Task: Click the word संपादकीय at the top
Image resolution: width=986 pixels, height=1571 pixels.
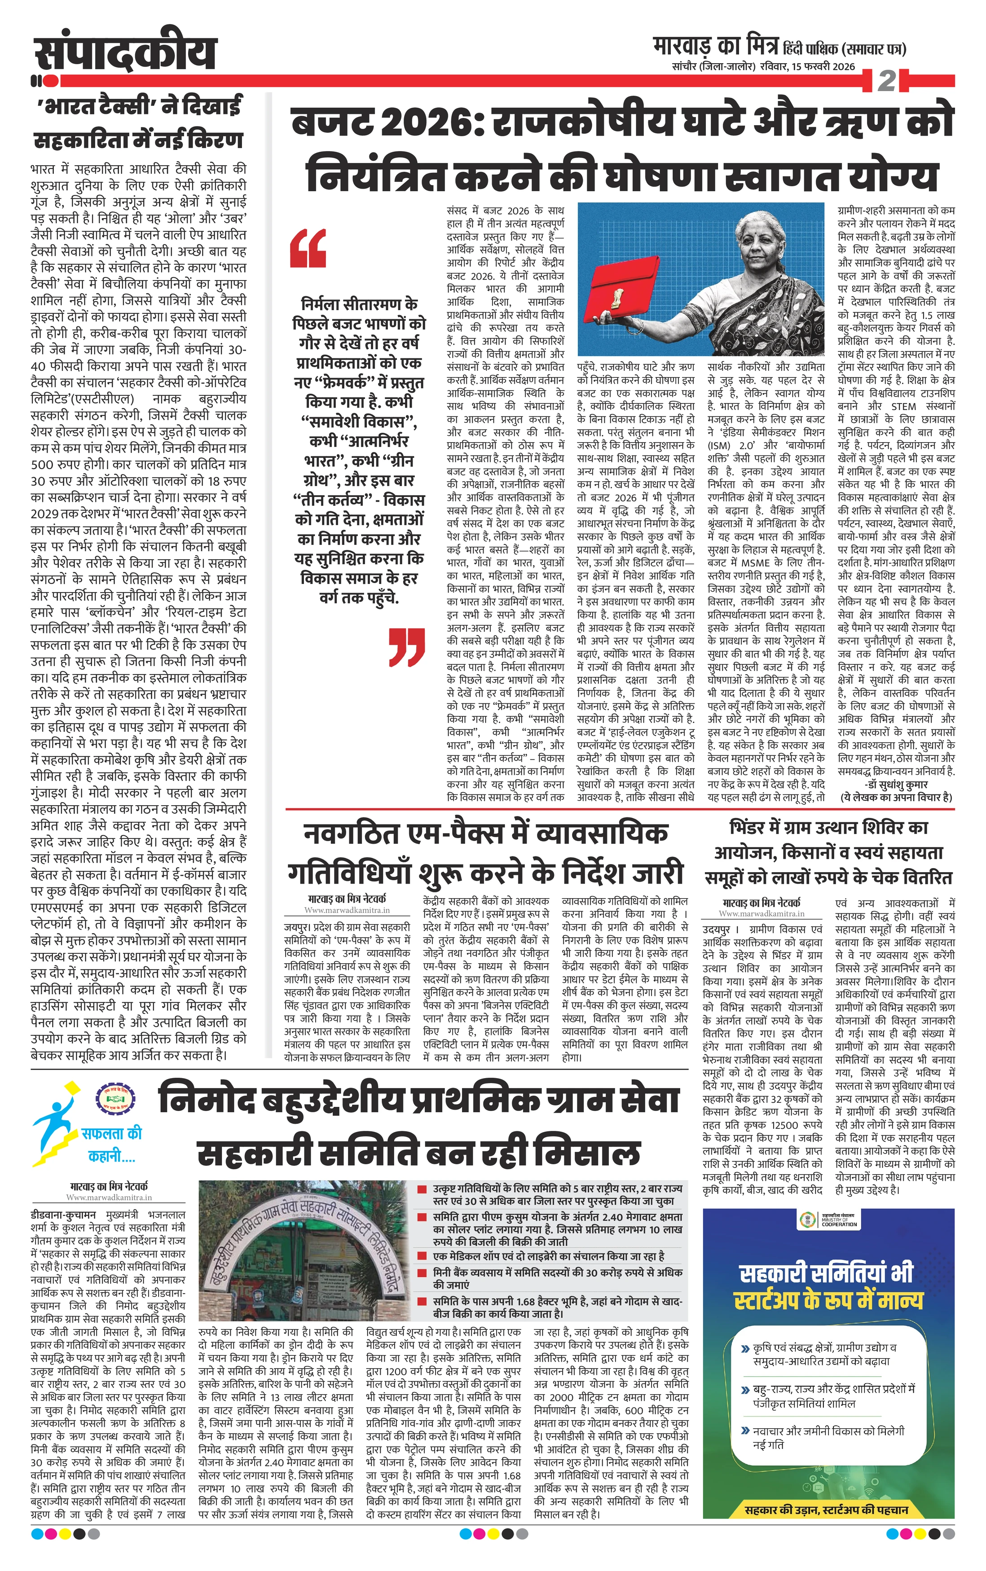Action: [124, 51]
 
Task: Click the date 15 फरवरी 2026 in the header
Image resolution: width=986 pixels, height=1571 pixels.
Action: [822, 66]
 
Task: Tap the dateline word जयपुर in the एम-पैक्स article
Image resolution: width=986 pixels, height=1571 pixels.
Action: [297, 927]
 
